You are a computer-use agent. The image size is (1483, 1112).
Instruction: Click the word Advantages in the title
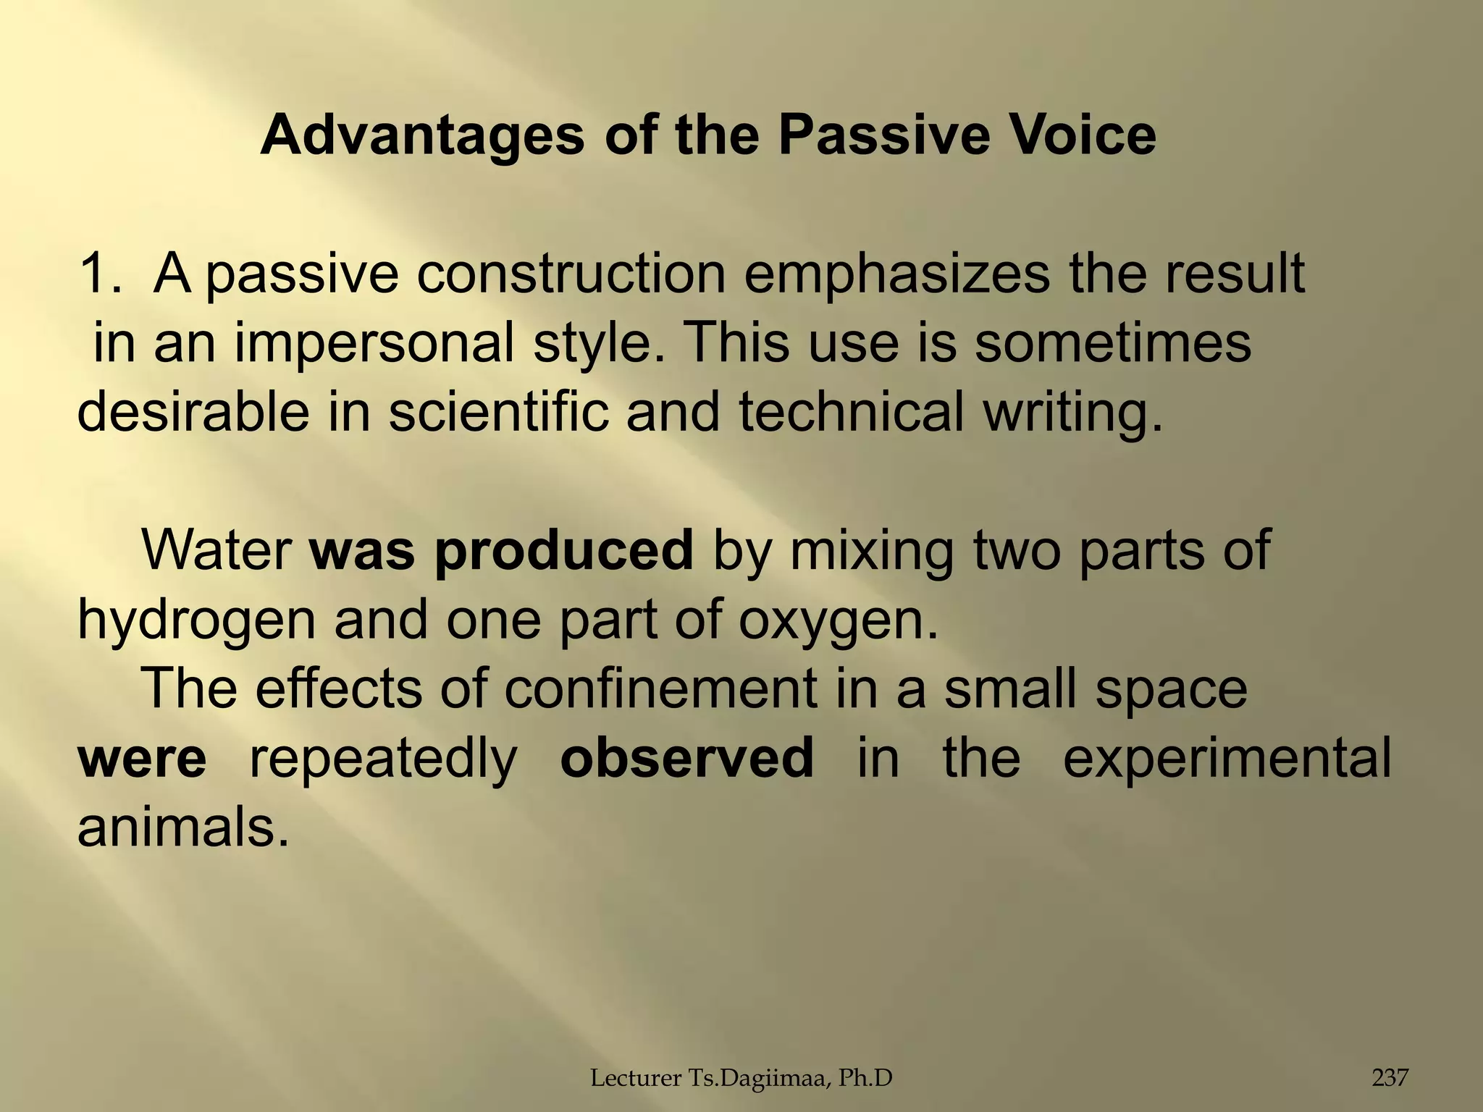tap(422, 135)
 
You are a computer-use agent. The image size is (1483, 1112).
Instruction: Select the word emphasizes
tap(896, 275)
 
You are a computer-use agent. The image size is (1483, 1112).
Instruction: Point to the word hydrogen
tap(196, 621)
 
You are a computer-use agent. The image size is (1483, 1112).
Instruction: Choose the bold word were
tap(142, 758)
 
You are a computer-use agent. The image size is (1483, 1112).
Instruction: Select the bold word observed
tap(687, 758)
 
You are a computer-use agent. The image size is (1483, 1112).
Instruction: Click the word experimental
tap(1227, 759)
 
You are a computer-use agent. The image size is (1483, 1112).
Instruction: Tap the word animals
tap(183, 827)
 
